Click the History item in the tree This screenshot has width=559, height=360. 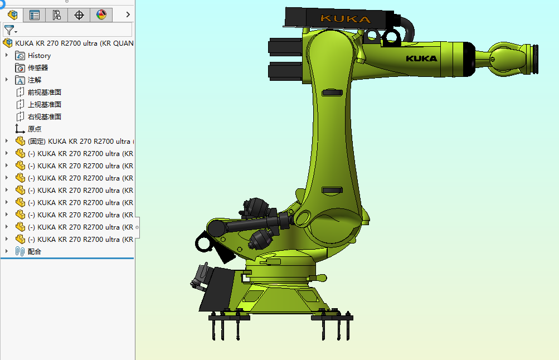coord(39,56)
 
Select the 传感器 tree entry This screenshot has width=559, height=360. coord(38,68)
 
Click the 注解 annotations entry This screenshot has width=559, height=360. coord(35,80)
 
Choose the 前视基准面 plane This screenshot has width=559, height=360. coord(44,93)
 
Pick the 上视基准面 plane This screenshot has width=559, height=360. coord(44,105)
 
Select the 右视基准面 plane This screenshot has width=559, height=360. coord(44,117)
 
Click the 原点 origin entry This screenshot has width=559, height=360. coord(35,129)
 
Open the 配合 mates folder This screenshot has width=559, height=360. coord(35,252)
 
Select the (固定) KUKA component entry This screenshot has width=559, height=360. coord(78,142)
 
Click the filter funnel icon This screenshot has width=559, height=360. coord(8,30)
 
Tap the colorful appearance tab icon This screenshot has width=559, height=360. coord(101,15)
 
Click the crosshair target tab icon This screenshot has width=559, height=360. coord(79,15)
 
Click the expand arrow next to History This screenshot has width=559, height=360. coord(7,56)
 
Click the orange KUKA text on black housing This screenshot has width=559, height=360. coord(345,19)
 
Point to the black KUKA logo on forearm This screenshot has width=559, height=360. coord(421,58)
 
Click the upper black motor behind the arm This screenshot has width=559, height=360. coord(285,47)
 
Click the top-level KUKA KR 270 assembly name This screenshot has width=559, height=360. coord(74,43)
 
